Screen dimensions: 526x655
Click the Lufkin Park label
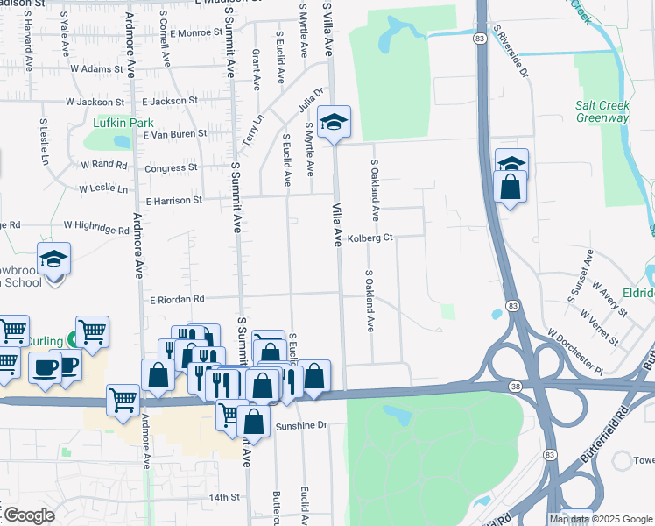pyautogui.click(x=117, y=124)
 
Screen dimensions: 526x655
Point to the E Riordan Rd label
pyautogui.click(x=176, y=299)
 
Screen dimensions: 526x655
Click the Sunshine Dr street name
pyautogui.click(x=301, y=425)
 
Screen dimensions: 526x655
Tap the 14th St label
pyautogui.click(x=224, y=497)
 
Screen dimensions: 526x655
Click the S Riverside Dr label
pyautogui.click(x=511, y=51)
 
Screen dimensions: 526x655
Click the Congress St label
pyautogui.click(x=171, y=168)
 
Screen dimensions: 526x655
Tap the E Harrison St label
pyautogui.click(x=173, y=201)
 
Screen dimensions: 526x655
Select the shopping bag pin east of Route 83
pyautogui.click(x=510, y=187)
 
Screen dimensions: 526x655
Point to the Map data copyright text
pyautogui.click(x=601, y=519)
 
